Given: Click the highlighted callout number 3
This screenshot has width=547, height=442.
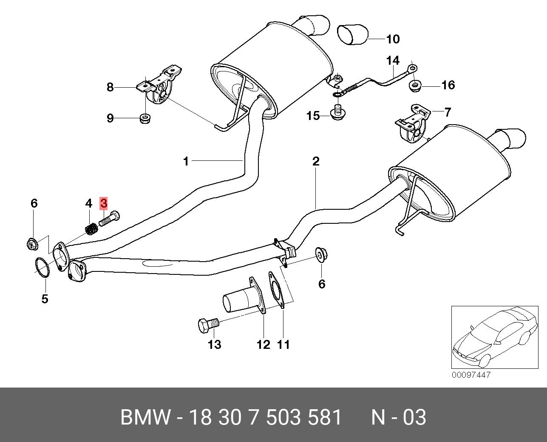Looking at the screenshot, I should [104, 203].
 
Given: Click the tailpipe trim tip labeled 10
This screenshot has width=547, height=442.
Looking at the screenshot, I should [353, 35].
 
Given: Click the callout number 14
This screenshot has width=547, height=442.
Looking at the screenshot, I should [393, 61].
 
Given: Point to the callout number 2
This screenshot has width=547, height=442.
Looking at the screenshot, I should [315, 162].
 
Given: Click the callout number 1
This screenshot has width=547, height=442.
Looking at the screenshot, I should [186, 161].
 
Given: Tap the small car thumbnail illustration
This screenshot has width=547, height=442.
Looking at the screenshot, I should [492, 337].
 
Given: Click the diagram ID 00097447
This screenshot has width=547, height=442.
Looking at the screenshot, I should [471, 375].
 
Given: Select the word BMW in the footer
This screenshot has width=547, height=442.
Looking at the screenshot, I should [146, 417].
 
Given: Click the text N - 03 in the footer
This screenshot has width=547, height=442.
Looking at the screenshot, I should [398, 417].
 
